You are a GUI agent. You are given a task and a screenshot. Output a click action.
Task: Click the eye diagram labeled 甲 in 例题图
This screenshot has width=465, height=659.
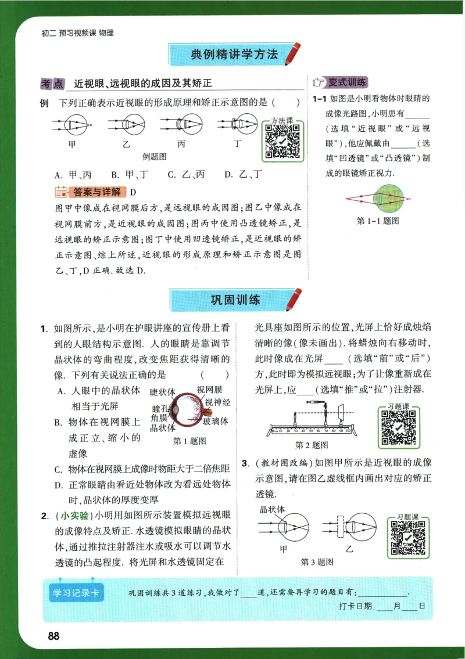pyautogui.click(x=71, y=124)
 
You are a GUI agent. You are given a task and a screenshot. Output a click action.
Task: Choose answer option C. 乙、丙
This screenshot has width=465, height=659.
pyautogui.click(x=186, y=174)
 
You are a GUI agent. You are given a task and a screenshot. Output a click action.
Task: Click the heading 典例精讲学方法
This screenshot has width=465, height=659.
pyautogui.click(x=234, y=55)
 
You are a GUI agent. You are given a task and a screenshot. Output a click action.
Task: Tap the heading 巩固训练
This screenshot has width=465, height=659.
pyautogui.click(x=234, y=300)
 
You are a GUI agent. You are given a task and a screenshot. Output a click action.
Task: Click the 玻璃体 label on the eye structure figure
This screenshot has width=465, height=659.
pyautogui.click(x=216, y=420)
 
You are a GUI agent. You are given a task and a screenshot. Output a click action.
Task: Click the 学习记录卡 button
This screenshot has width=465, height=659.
pyautogui.click(x=77, y=593)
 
